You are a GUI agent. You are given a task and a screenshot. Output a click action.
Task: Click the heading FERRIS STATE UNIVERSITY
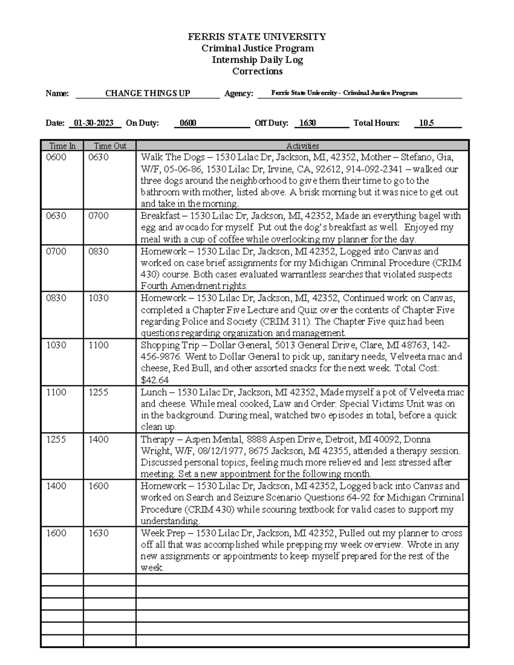257,37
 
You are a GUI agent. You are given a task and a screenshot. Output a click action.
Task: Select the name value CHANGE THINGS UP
147,93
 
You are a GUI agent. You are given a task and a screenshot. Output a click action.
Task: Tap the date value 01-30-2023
93,123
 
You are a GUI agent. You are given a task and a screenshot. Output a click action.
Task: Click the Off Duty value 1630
307,123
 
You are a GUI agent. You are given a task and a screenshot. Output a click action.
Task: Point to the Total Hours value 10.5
426,123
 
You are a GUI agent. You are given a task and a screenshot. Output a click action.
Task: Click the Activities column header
302,146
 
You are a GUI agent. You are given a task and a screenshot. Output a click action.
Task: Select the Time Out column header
110,146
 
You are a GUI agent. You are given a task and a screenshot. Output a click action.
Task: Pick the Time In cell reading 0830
56,298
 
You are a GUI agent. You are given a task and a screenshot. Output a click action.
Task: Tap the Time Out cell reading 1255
99,392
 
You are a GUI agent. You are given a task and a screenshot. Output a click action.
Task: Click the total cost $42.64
155,380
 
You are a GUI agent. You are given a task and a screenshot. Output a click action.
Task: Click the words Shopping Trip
170,345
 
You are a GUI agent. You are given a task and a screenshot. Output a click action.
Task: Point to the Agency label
239,94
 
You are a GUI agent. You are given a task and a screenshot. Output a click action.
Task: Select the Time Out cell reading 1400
99,439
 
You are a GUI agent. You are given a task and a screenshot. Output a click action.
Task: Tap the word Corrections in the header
257,72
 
